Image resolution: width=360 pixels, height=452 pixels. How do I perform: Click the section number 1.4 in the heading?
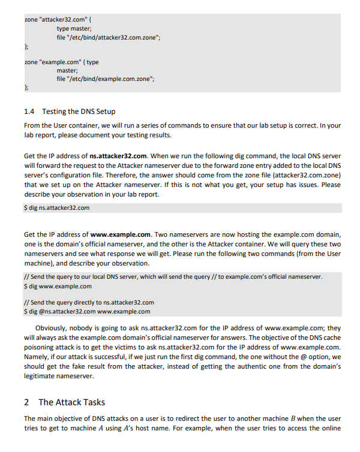[x=29, y=112]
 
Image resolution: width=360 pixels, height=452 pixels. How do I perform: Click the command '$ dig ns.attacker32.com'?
[x=57, y=208]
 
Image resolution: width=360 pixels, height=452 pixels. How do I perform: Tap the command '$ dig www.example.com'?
[x=58, y=286]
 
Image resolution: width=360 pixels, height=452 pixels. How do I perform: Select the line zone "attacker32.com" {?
[x=58, y=20]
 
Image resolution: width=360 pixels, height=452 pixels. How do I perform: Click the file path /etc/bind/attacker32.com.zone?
[x=113, y=37]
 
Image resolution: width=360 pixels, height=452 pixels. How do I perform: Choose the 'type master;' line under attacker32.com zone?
[x=74, y=29]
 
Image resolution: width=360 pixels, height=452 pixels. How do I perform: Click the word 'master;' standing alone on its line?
[x=68, y=71]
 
